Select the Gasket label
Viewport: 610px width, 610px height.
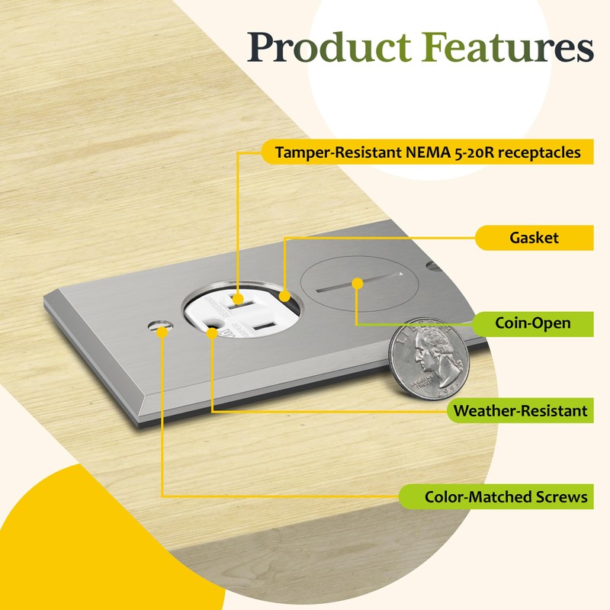pos(534,238)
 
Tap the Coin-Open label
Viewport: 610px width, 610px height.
pos(533,323)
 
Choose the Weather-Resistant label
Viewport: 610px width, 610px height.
pos(520,411)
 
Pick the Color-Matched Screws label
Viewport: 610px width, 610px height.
pos(506,497)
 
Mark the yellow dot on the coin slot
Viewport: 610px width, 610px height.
pos(357,283)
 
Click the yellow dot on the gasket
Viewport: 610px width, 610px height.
pos(284,295)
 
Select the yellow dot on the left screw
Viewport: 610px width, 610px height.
pos(162,332)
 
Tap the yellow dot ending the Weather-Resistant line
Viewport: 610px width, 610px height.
pos(211,333)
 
